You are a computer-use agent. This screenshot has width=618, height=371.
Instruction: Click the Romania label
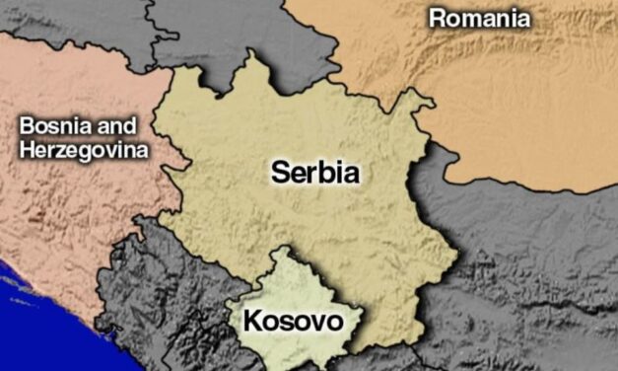point(479,18)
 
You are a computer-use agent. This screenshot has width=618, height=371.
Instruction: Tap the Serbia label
point(314,175)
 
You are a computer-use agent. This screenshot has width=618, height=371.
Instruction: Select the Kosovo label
point(292,321)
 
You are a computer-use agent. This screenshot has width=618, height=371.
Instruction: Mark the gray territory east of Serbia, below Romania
point(532,257)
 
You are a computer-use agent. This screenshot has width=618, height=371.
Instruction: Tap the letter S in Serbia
point(281,175)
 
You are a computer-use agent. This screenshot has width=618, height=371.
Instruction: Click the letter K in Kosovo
point(251,321)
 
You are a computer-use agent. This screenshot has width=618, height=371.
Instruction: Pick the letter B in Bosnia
point(27,128)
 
